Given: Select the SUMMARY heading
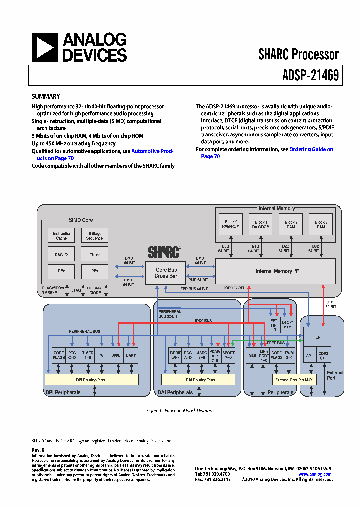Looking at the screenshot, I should pos(46,97).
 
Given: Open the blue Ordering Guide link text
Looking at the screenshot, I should pos(311,149).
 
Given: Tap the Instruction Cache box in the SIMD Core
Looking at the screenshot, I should pos(62,236).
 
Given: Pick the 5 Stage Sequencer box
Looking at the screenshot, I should pos(95,236).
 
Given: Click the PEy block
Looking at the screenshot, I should pos(95,271).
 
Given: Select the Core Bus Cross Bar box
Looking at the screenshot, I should pos(165,273).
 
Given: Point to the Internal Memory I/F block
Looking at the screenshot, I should pos(275,271).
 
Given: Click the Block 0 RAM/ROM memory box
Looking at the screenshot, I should pos(230,225).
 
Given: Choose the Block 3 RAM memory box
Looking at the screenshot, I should pos(321,225).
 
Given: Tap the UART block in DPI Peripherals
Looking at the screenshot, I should pos(131,355).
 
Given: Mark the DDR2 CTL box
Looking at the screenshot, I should pos(325,355).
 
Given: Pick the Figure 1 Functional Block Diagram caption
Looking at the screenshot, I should pos(180,411).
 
